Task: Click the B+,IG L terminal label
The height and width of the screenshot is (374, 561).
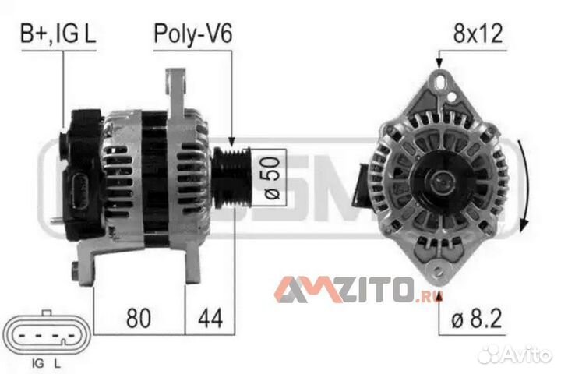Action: coord(58,34)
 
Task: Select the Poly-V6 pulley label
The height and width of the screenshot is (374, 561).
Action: coord(193,34)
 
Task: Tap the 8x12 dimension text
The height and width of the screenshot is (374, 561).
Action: coord(478,34)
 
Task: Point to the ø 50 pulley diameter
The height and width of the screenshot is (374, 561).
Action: coord(272,178)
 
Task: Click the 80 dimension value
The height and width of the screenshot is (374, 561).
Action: coord(139,318)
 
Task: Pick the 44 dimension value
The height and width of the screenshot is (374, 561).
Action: coord(210,318)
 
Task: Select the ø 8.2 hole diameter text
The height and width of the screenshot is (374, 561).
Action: coord(477,318)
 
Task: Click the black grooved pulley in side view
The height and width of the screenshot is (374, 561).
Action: coord(232,177)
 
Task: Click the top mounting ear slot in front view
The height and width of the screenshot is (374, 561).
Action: coord(439,79)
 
